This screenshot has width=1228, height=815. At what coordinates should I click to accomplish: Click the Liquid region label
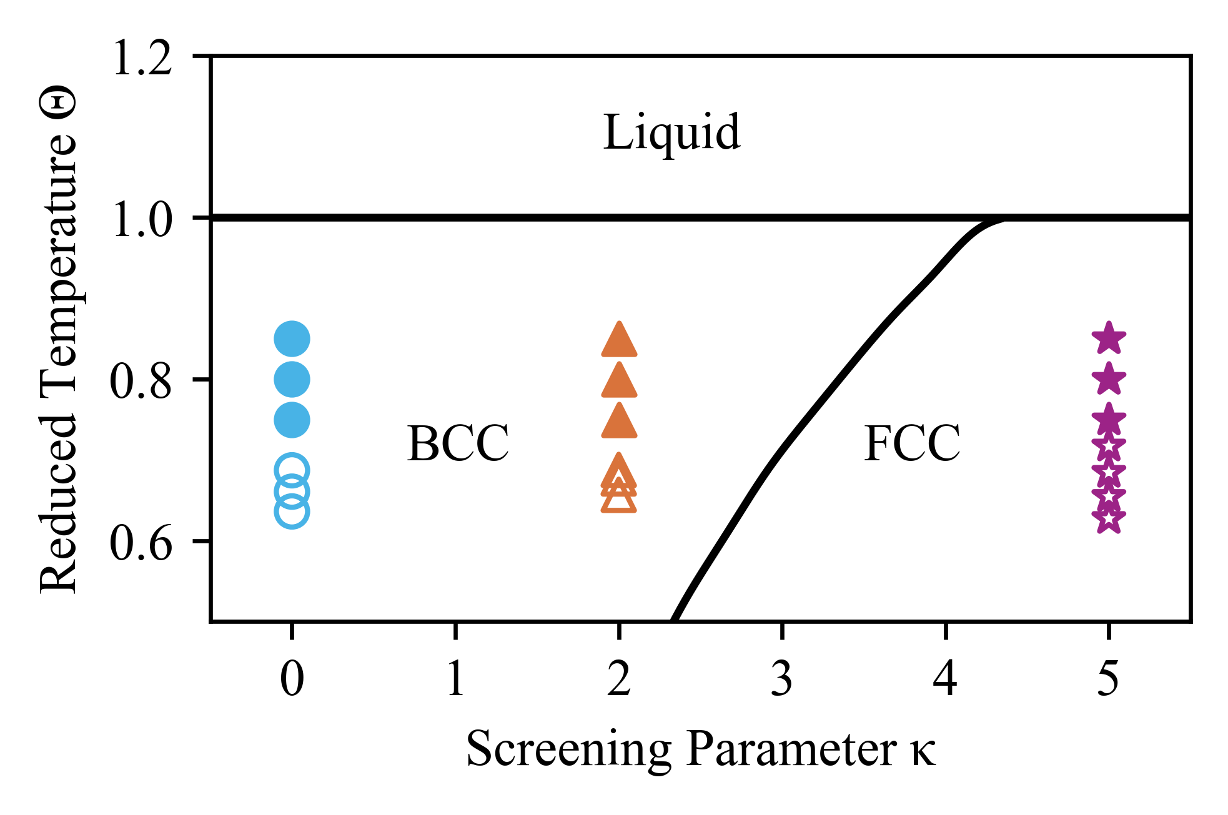[x=671, y=133]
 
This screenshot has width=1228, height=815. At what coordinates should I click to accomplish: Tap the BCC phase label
[x=458, y=444]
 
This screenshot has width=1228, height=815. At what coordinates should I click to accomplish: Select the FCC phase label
[x=912, y=444]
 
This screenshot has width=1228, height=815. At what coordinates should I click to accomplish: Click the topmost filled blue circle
[x=292, y=339]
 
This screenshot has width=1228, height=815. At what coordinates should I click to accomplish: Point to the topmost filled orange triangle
[x=619, y=341]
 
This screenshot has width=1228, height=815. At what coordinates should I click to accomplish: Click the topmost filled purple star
[x=1109, y=339]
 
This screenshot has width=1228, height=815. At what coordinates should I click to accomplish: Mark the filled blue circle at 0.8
[x=292, y=379]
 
